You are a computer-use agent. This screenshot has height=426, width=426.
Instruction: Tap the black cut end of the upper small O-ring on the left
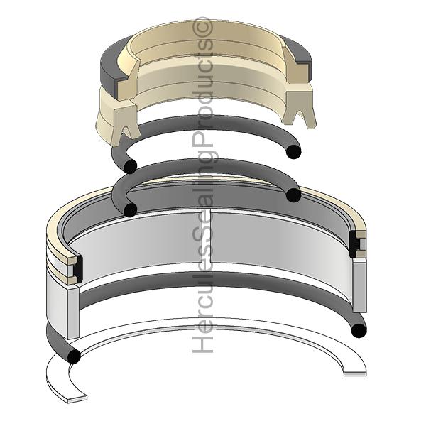point(130,166)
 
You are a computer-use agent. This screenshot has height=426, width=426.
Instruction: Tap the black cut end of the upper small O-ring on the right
point(294,152)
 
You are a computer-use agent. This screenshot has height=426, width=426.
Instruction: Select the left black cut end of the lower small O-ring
point(130,209)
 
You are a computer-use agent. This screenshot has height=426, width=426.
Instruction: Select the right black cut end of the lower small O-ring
point(293,195)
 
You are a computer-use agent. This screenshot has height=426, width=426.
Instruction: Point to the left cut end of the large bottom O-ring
point(73,356)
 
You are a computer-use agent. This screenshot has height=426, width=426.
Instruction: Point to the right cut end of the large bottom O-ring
point(359,331)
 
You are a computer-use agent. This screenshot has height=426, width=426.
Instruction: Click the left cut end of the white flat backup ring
point(77,399)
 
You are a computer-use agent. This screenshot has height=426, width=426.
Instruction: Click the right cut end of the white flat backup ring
point(355,373)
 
